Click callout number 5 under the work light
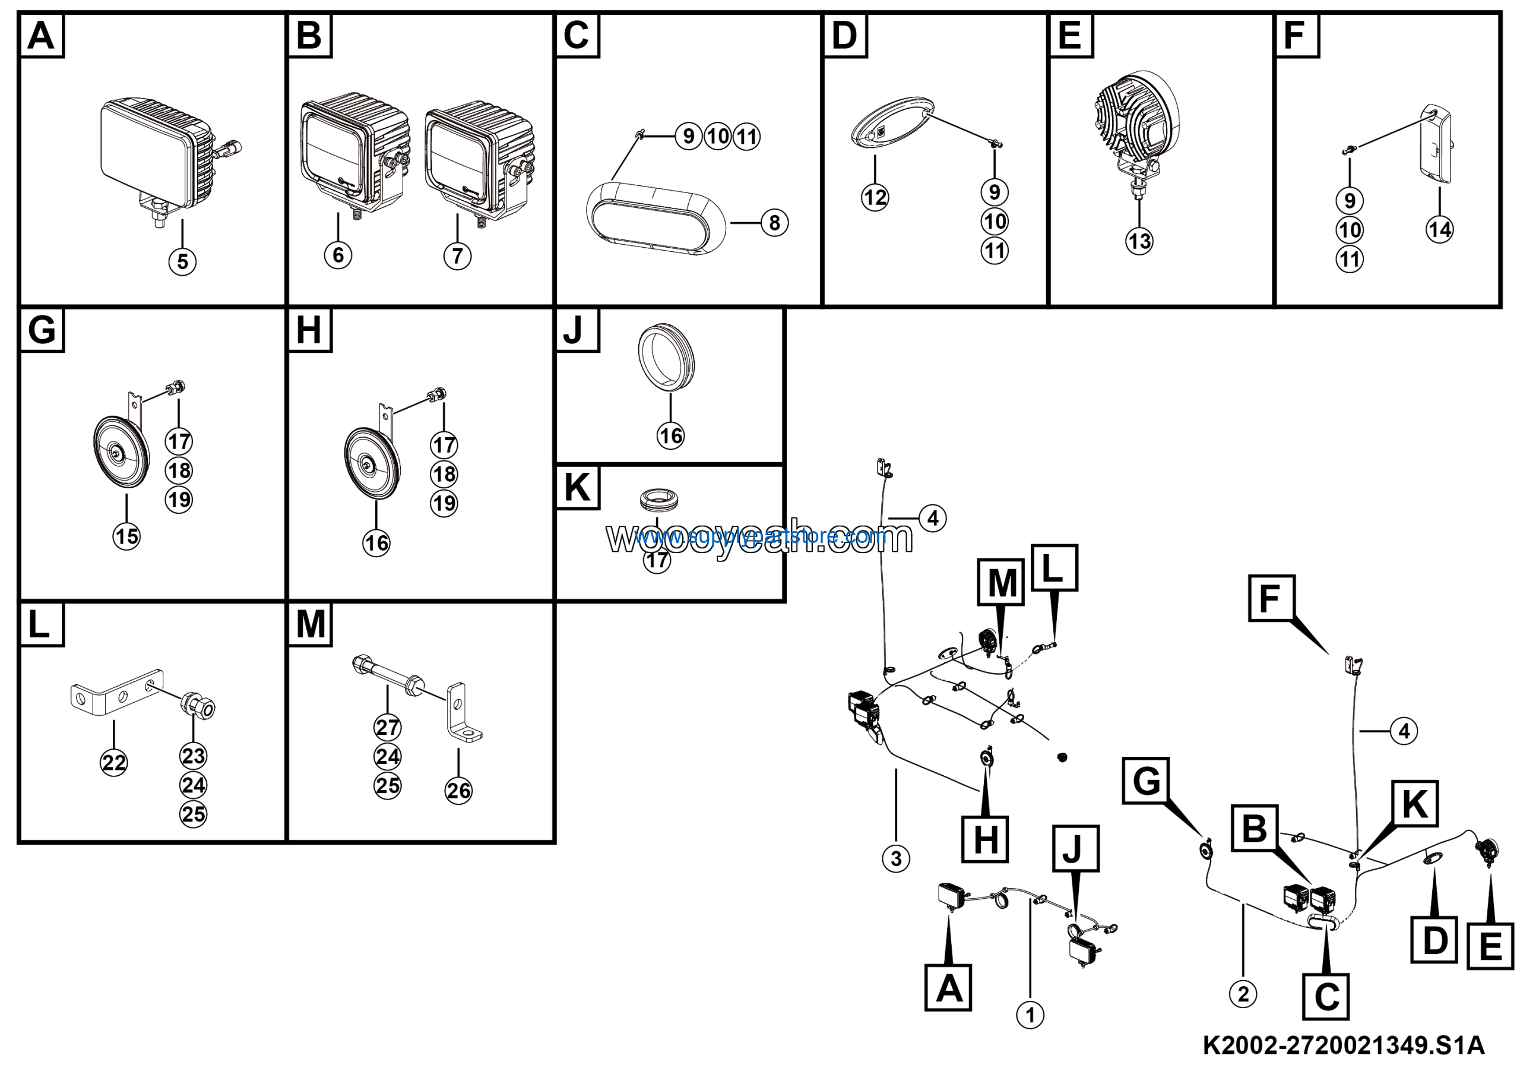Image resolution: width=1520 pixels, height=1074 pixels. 183,261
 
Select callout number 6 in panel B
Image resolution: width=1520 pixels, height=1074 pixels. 338,255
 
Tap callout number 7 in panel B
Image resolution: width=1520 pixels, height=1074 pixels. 457,255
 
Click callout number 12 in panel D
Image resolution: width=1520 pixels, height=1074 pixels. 875,197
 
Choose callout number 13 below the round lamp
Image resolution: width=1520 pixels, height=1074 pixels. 1139,241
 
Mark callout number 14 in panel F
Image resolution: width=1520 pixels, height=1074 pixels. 1439,229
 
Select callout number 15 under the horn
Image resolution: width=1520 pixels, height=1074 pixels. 126,536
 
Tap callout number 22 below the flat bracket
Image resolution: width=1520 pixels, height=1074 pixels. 114,763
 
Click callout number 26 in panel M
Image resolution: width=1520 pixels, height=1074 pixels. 458,790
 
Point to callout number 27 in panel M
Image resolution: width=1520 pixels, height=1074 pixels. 387,727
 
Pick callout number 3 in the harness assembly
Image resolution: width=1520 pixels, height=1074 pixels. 896,858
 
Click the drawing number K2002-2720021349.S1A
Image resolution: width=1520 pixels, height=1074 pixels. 1343,1046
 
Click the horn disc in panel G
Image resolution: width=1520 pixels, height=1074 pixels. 121,454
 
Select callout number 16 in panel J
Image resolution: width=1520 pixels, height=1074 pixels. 670,435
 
